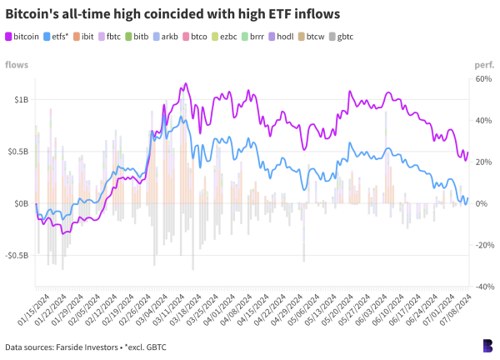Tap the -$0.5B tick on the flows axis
tap(17, 255)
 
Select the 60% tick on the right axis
tap(483, 78)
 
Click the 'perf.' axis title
tap(483, 64)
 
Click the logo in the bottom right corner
tap(487, 345)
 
